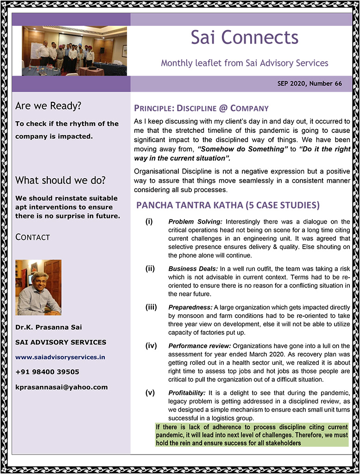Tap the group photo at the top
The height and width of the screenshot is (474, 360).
click(x=74, y=51)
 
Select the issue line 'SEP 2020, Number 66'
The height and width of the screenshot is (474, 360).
click(x=309, y=84)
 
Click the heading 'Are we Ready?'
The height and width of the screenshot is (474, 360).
click(x=48, y=106)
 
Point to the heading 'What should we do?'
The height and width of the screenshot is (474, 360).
click(x=60, y=180)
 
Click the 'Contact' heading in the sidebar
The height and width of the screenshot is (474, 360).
click(x=32, y=237)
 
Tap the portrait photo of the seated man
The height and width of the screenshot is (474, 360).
click(x=38, y=287)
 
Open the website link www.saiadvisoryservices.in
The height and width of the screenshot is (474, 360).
click(x=60, y=357)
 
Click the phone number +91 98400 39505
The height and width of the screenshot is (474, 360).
click(x=47, y=372)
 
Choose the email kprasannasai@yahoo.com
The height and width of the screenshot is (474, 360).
click(x=61, y=387)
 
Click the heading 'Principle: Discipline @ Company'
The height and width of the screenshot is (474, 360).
click(x=201, y=109)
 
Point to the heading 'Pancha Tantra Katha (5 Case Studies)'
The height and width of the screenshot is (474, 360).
click(x=227, y=205)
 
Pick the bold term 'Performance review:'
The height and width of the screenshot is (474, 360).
click(x=199, y=346)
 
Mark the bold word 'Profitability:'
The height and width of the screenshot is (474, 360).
click(x=187, y=393)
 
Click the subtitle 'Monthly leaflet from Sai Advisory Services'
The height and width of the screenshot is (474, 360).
click(x=245, y=63)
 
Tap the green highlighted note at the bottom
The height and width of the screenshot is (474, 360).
click(x=252, y=435)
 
